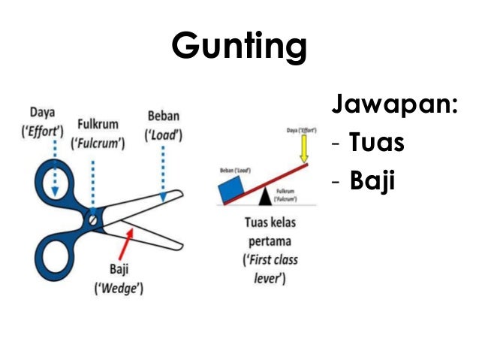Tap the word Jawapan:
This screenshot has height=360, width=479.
[393, 107]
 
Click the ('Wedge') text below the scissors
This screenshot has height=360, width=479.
[117, 287]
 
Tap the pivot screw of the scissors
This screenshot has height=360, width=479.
[92, 220]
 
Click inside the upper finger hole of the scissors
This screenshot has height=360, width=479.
[55, 185]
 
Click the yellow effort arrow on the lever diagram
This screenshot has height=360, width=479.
[303, 150]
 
